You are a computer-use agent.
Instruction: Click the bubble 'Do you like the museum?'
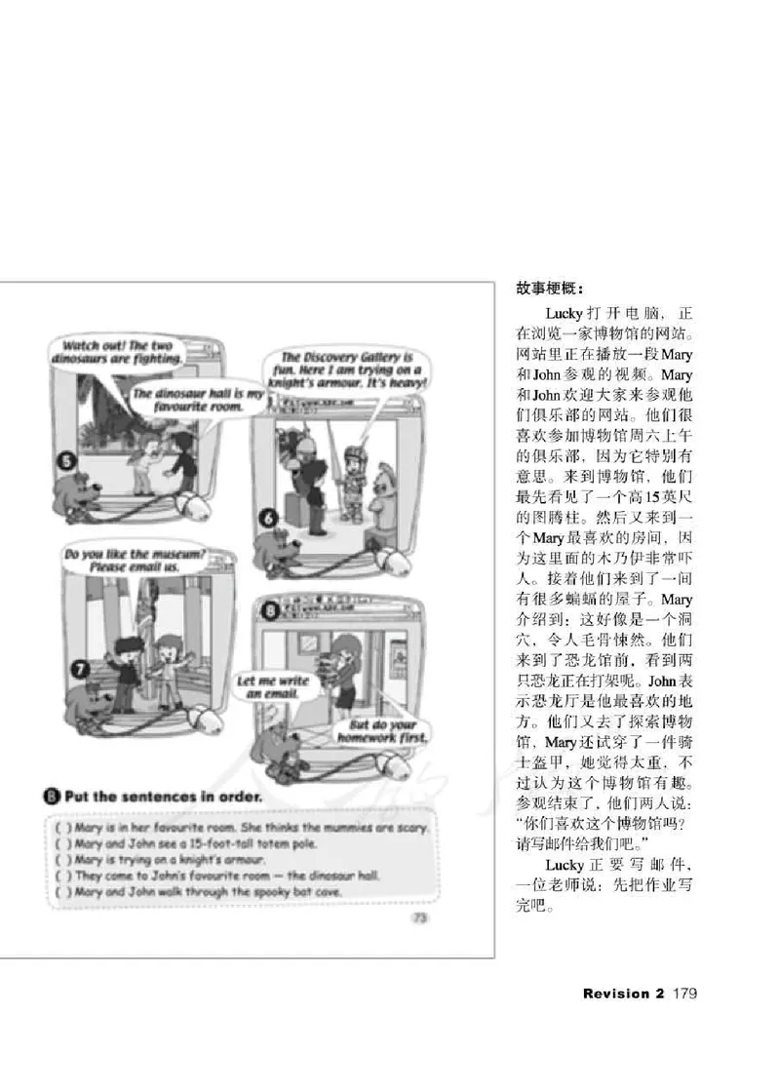tap(135, 561)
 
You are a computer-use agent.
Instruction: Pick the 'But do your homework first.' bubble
tap(383, 730)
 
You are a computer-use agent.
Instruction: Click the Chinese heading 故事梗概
tap(550, 290)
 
